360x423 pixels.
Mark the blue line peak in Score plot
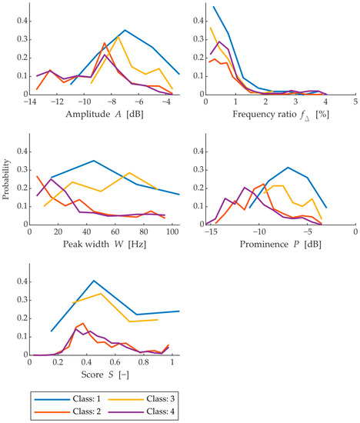(x=94, y=281)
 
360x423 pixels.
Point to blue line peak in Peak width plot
(x=93, y=161)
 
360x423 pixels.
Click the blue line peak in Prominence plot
(x=287, y=168)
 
